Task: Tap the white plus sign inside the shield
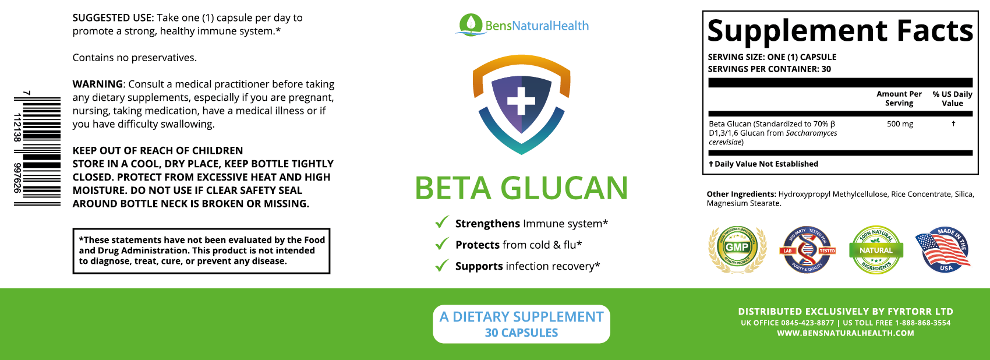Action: coord(521,101)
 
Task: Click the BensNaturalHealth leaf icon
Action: coord(470,24)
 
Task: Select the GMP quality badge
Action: coord(737,249)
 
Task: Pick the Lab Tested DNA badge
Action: coord(807,250)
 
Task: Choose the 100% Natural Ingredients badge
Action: coord(876,250)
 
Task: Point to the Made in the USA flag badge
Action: coord(943,250)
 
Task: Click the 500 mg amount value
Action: coord(900,124)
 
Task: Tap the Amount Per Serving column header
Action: coord(899,98)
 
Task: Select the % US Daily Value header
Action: coord(952,98)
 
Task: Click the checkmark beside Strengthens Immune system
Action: coord(442,223)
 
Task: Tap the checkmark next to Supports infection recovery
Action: coord(442,266)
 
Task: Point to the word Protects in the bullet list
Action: coord(478,245)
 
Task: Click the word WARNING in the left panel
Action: coord(98,84)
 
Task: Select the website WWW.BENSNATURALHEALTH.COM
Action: coord(845,333)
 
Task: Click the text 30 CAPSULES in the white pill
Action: coord(521,333)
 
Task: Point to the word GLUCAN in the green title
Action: coord(564,188)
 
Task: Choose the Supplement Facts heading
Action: coord(840,31)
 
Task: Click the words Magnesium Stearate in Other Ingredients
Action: coord(743,203)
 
